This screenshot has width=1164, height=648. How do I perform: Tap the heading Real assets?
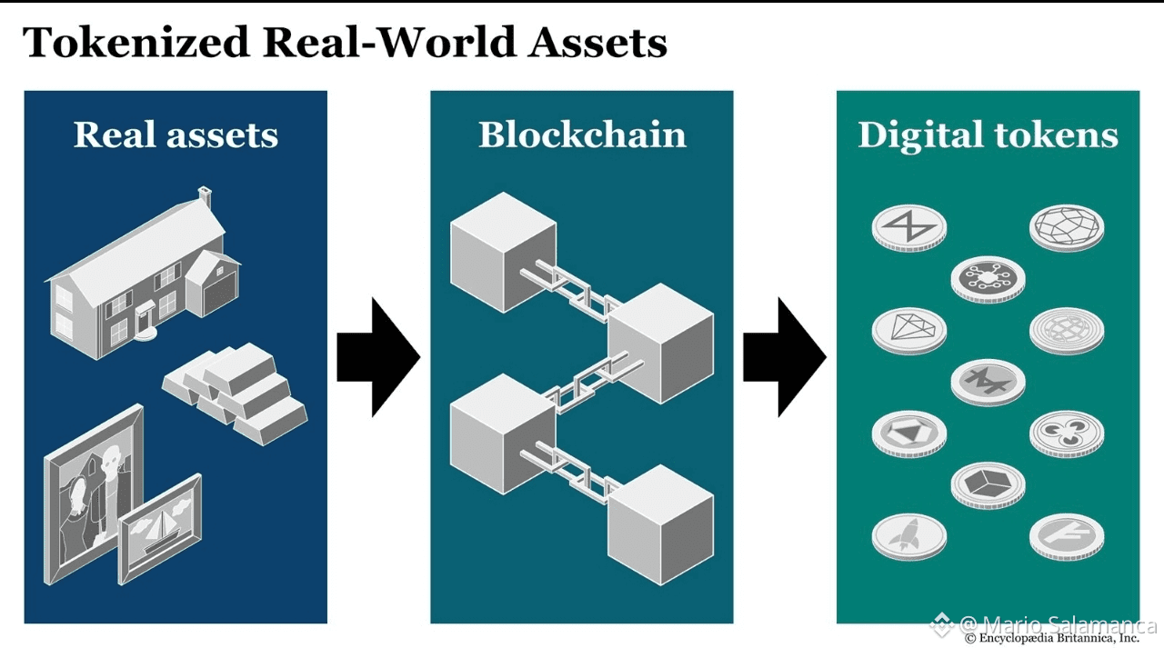(176, 135)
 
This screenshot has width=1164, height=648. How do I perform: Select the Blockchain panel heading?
(582, 135)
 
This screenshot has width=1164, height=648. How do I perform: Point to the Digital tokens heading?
(988, 135)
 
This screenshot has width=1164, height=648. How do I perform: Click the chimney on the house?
(206, 195)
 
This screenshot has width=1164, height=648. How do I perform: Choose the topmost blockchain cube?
(503, 250)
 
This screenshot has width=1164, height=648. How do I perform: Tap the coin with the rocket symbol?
(908, 535)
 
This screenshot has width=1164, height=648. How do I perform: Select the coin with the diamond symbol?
(908, 329)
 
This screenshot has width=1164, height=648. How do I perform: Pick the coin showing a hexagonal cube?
(988, 484)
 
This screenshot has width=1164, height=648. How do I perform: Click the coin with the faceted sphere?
(1067, 226)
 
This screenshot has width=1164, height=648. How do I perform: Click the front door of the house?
(145, 320)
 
